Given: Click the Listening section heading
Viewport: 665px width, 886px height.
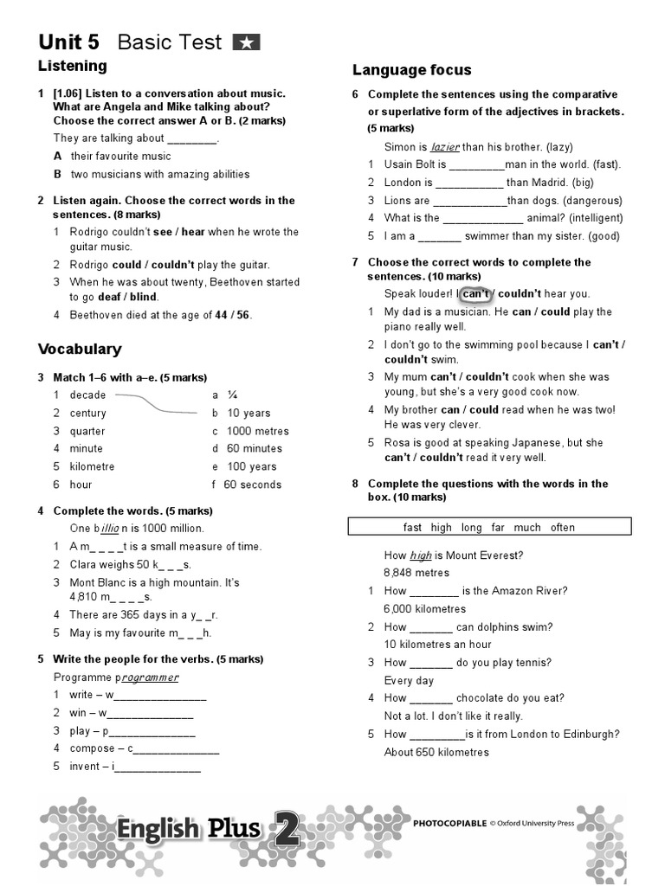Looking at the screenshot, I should coord(73,66).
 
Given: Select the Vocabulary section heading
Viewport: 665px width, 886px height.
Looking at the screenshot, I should coord(80,350).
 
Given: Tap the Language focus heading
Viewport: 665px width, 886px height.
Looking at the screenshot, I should coord(412,70).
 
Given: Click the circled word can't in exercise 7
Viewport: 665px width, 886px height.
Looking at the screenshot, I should coord(476,294).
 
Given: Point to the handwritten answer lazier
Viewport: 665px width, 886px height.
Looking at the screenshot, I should coord(445,147).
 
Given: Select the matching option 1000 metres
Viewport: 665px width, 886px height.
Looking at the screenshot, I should coord(257,431).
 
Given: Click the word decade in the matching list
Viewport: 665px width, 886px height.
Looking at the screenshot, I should coord(87,395).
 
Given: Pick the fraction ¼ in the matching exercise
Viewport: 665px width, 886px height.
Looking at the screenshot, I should coord(233,395).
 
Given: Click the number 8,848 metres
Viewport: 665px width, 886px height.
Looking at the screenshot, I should coord(416,573).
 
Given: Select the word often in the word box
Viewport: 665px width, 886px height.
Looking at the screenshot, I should coord(562,527).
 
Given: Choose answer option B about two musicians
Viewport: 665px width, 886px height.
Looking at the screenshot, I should coord(159,174).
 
